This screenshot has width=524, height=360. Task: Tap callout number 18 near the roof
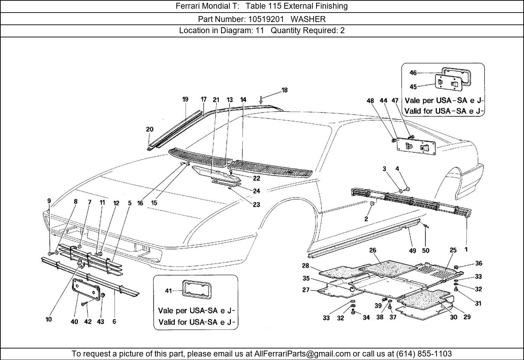(284, 90)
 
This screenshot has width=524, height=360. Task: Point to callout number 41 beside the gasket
(169, 291)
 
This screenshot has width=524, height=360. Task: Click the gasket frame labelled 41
(196, 289)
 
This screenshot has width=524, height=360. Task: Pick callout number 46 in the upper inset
(413, 73)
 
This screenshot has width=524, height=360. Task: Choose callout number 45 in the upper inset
(413, 87)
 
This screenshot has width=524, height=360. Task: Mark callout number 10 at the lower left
(49, 319)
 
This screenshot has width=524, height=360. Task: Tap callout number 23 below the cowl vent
(256, 205)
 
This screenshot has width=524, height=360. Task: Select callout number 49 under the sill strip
(413, 250)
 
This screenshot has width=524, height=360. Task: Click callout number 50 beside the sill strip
(425, 250)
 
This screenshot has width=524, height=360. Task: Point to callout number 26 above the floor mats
(373, 250)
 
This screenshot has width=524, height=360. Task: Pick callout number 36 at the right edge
(479, 263)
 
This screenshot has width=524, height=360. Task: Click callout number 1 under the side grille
(466, 249)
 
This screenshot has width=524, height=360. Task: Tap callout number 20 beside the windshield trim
(150, 130)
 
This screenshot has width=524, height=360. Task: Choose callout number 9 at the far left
(49, 201)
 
